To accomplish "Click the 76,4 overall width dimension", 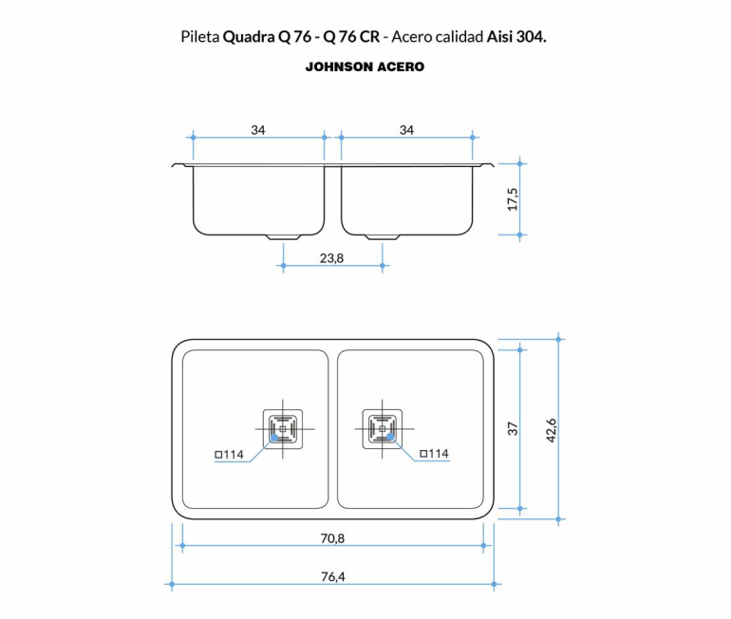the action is click(333, 577).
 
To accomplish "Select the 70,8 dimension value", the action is click(332, 539).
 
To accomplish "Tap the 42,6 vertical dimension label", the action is click(551, 430).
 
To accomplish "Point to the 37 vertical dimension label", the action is click(513, 429).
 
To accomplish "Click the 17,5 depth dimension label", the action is click(513, 199).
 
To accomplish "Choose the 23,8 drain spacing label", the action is click(331, 258).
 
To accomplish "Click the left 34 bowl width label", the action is click(258, 130).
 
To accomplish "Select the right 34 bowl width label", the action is click(406, 130).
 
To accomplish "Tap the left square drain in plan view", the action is click(283, 429).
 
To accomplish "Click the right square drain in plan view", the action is click(383, 429).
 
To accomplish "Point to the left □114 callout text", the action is click(229, 455).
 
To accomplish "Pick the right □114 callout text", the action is click(434, 454).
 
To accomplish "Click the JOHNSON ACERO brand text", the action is click(365, 67).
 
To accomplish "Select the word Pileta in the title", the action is click(200, 37).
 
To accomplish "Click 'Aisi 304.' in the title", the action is click(516, 37).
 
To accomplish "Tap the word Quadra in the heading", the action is click(249, 37).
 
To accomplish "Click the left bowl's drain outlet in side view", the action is click(283, 237).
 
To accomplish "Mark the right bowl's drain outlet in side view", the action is click(383, 237).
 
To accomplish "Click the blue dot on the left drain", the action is click(274, 438).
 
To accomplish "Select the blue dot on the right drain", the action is click(391, 437).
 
